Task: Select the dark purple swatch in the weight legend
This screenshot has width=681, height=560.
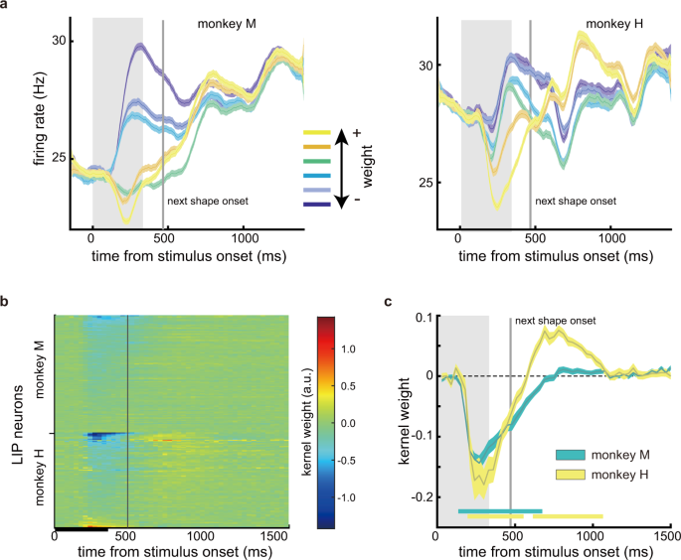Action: tap(317, 203)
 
